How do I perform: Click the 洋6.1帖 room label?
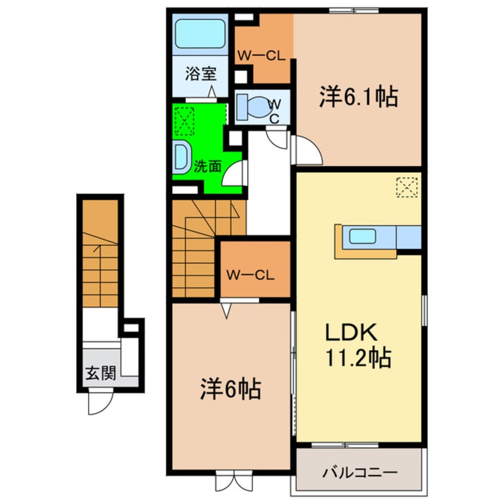click(359, 97)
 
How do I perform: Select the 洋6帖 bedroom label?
click(229, 390)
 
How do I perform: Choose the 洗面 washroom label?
click(207, 166)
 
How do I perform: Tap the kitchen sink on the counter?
click(362, 237)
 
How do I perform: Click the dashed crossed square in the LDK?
click(407, 186)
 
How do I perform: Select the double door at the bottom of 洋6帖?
click(231, 480)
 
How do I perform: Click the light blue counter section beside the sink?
click(408, 237)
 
